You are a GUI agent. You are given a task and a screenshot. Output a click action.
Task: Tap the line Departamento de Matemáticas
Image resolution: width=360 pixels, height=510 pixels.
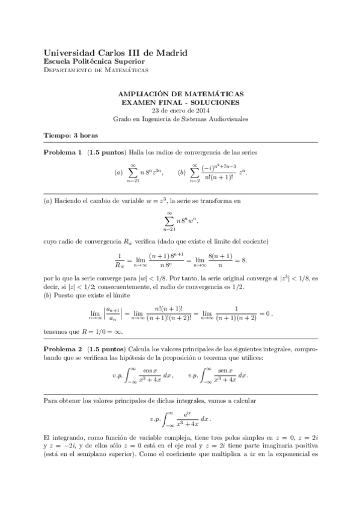[96, 70]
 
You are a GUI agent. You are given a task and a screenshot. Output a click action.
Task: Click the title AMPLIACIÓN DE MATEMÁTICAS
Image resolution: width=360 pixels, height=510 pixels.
[180, 95]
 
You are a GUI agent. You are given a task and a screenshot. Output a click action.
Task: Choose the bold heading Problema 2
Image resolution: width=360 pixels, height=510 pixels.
[63, 349]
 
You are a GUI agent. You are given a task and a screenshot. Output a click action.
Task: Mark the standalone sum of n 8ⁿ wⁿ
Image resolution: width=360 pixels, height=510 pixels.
[180, 220]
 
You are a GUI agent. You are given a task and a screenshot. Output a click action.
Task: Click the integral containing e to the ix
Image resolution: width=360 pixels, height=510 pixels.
[180, 418]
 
